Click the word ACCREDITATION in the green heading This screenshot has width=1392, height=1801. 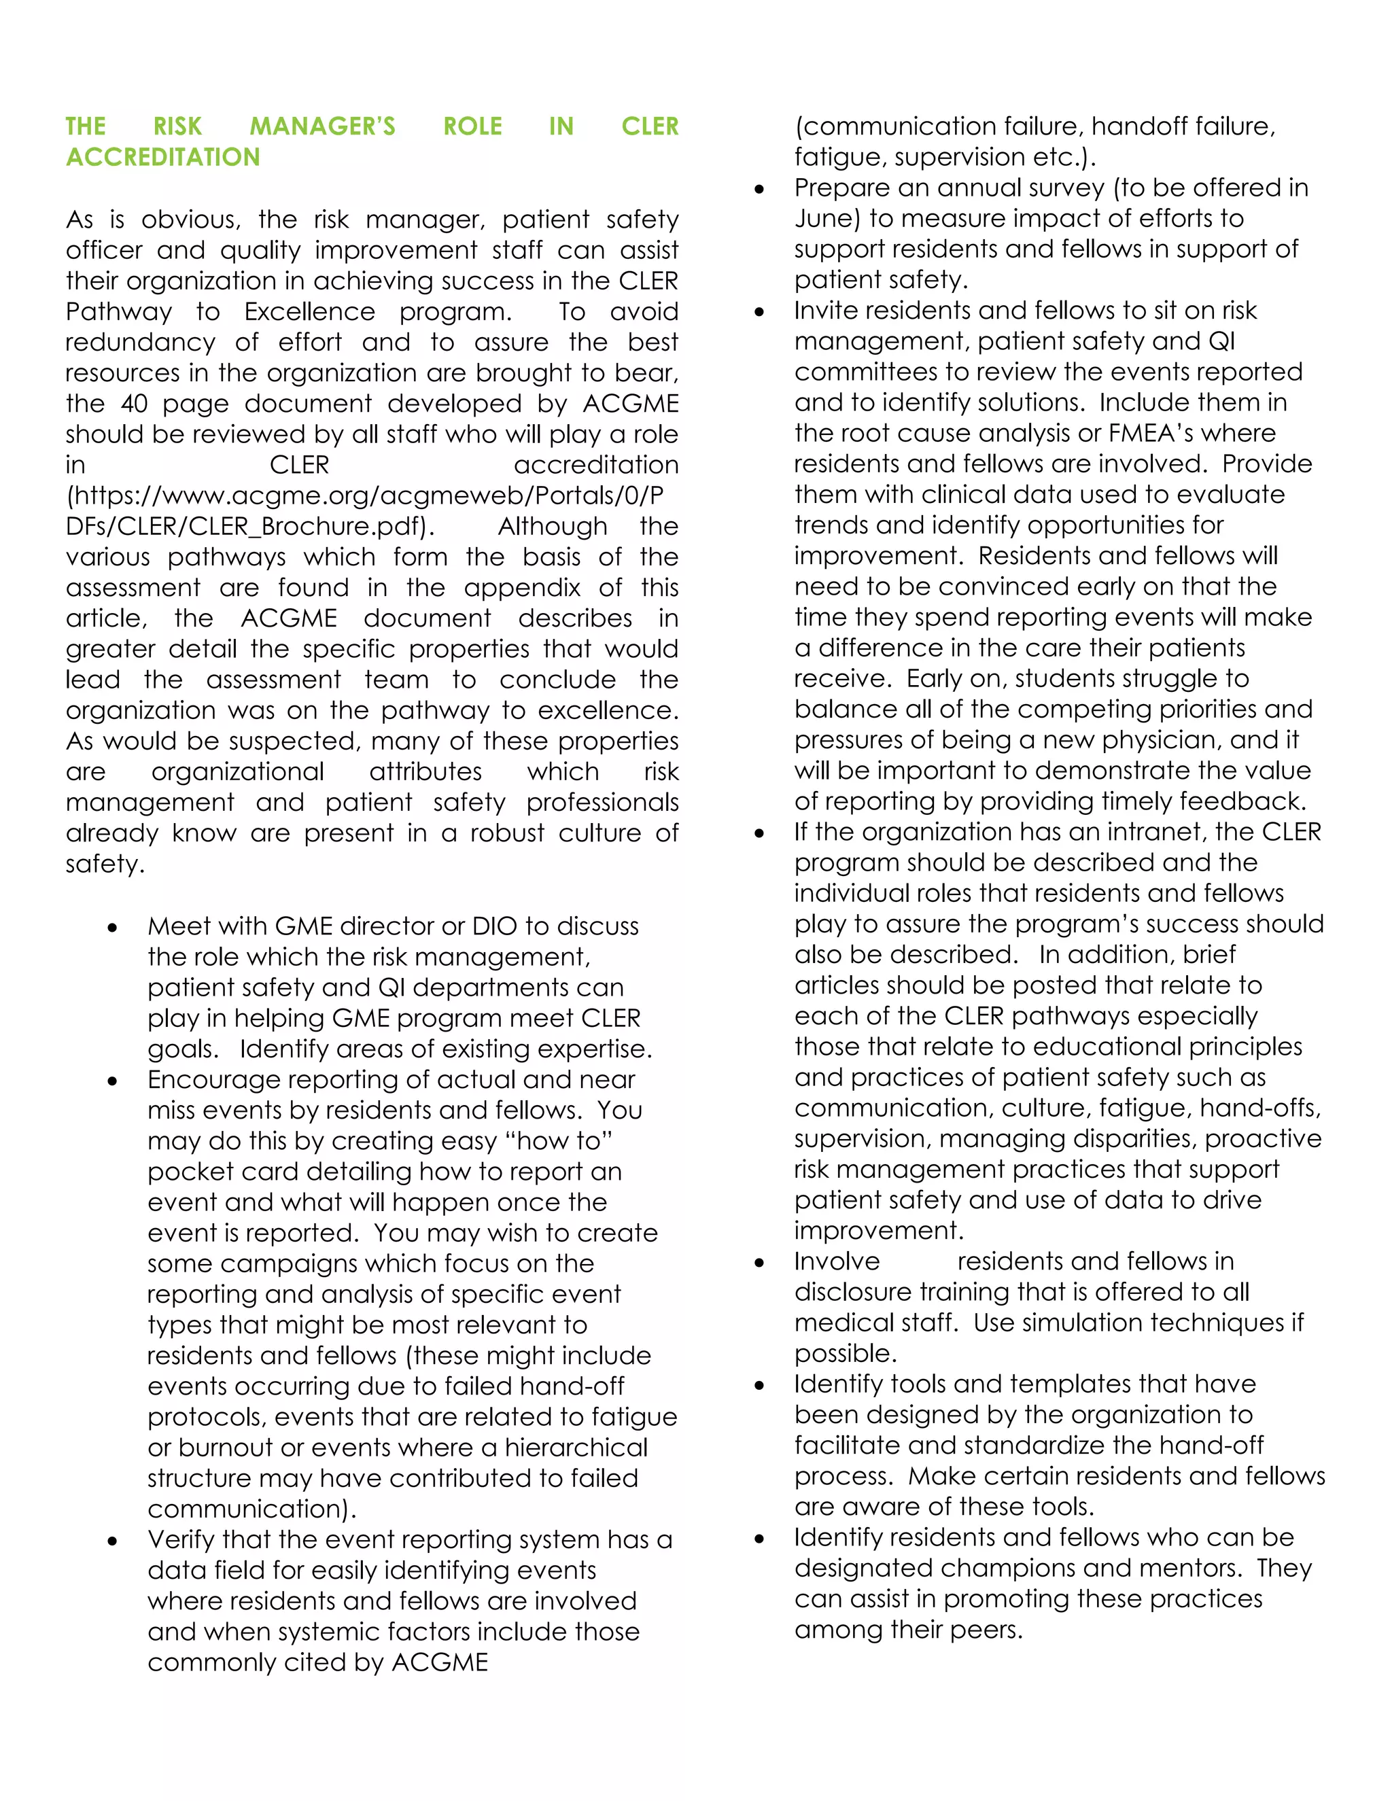[x=162, y=157]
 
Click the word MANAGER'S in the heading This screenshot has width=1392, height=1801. [x=322, y=126]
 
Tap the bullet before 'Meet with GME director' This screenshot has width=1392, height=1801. [x=112, y=928]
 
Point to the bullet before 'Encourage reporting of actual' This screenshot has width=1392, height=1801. [x=112, y=1082]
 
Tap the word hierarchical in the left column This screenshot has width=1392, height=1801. [x=576, y=1447]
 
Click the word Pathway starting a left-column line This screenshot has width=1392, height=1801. [x=119, y=312]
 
